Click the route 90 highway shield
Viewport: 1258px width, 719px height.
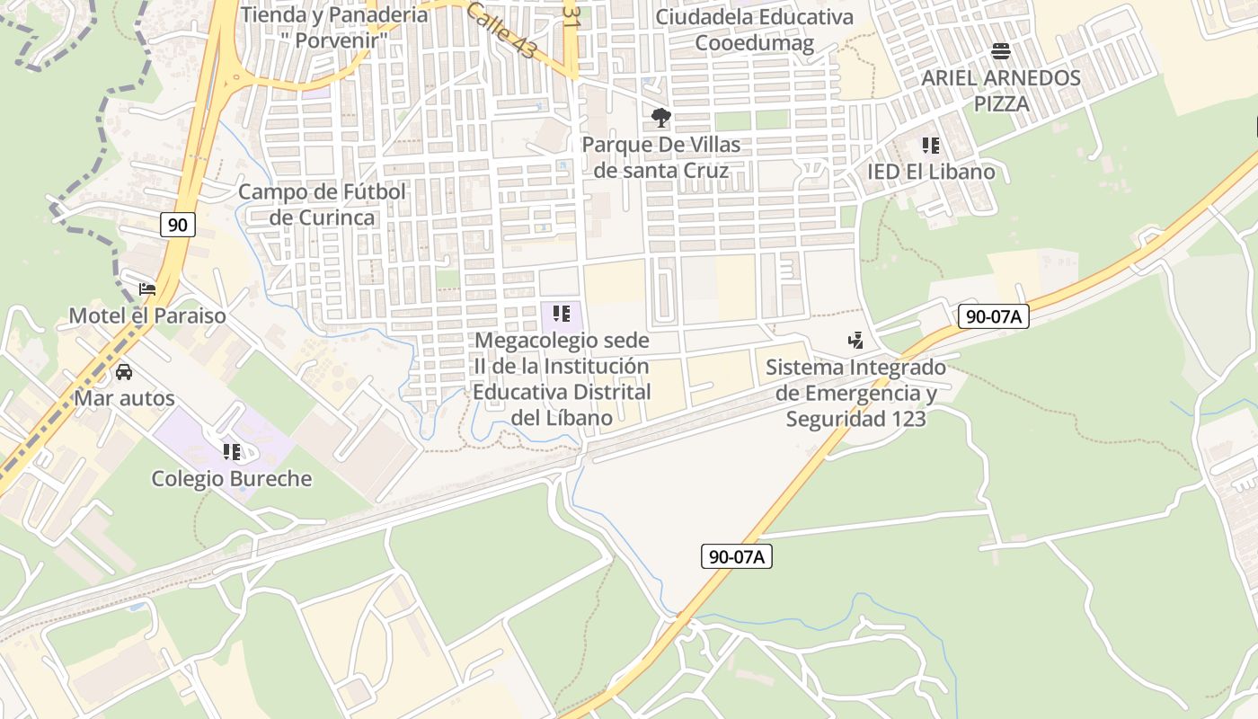(x=178, y=224)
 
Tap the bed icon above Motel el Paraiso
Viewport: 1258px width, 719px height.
(x=147, y=289)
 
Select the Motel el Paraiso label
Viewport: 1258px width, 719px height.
(x=147, y=316)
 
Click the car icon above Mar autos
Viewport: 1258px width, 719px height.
(x=124, y=371)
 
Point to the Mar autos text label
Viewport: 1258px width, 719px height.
(x=124, y=397)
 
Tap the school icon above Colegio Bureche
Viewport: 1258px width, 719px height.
(x=232, y=451)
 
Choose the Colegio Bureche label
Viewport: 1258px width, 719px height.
(x=232, y=478)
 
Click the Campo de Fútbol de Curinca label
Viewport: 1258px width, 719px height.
(x=323, y=205)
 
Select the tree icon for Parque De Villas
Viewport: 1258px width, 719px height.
(x=661, y=118)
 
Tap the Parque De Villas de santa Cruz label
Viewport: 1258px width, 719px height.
(x=661, y=157)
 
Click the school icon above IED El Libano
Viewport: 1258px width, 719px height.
(x=931, y=145)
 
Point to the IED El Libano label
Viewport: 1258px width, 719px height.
(x=931, y=172)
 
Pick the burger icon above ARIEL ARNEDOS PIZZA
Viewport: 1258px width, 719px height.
(x=1001, y=51)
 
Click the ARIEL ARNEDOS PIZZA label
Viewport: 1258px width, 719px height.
(x=1001, y=90)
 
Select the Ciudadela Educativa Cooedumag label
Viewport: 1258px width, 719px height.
(x=755, y=30)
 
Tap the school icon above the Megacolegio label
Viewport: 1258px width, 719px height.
(x=562, y=314)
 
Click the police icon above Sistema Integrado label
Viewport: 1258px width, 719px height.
(x=855, y=340)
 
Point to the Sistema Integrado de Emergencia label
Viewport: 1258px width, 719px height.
(x=855, y=393)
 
